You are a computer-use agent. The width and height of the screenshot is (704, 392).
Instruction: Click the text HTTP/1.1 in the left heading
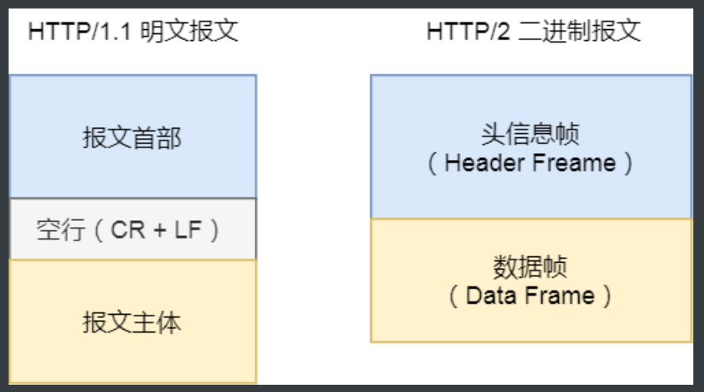(x=80, y=32)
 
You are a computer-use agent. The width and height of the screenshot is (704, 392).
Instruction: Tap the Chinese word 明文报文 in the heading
(x=189, y=32)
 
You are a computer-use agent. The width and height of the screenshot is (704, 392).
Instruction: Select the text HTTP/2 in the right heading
(x=468, y=32)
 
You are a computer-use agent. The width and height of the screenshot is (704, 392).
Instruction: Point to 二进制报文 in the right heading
(x=579, y=32)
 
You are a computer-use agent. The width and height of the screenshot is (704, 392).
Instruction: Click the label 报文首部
(x=132, y=137)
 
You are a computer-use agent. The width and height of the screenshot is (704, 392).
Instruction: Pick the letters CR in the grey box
(x=128, y=230)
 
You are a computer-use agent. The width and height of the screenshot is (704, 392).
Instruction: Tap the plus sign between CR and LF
(x=160, y=230)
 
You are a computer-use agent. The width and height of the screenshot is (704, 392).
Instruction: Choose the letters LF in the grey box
(x=188, y=230)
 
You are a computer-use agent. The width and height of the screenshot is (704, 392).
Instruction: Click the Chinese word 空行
(x=61, y=230)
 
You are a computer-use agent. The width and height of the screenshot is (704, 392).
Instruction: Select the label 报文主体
(x=132, y=322)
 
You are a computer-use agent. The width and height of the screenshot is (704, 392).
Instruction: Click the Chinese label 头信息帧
(x=530, y=133)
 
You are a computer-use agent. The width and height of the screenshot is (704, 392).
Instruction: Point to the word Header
(x=485, y=162)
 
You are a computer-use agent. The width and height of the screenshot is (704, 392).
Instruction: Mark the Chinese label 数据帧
(x=530, y=267)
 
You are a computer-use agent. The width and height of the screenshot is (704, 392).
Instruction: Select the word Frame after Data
(x=560, y=296)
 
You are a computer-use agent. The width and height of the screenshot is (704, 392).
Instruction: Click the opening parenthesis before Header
(x=432, y=163)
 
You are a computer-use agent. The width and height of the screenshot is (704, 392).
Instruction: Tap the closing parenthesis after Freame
(x=628, y=163)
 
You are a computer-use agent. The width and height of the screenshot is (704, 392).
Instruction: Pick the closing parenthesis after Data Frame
(x=608, y=297)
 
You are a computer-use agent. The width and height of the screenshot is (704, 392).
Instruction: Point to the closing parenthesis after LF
(x=215, y=230)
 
